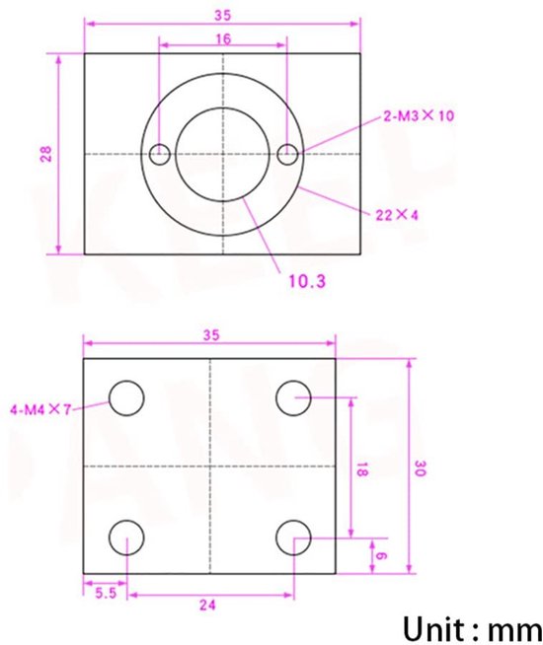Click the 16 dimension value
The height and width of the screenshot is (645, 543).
223,39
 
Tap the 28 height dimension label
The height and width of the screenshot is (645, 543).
46,154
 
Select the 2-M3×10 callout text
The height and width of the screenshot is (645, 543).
419,116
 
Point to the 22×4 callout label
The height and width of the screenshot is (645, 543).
397,215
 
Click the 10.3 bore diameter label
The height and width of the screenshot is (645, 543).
307,281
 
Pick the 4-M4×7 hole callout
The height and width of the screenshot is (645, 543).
40,409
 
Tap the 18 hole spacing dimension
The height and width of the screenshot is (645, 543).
362,469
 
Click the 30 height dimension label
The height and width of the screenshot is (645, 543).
419,468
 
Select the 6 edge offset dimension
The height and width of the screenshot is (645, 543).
382,556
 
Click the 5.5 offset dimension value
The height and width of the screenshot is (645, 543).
107,593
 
